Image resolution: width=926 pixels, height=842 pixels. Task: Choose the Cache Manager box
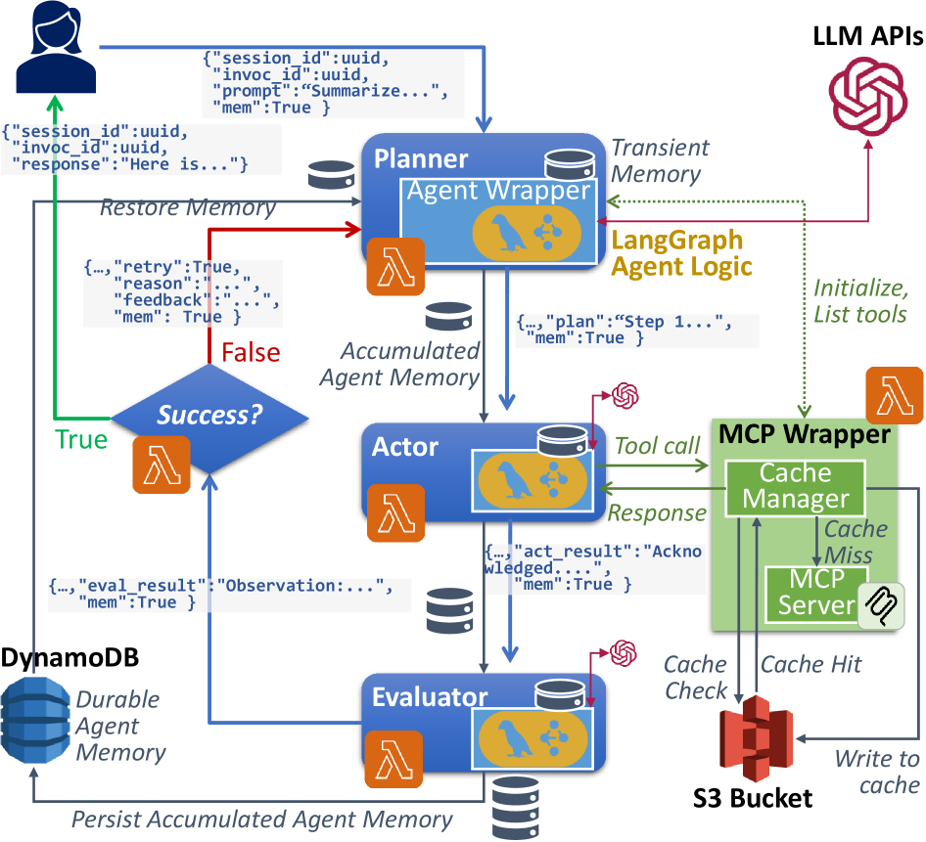click(x=795, y=487)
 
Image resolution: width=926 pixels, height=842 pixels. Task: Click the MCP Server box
click(x=809, y=592)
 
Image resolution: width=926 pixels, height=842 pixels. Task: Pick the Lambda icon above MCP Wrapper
click(x=895, y=395)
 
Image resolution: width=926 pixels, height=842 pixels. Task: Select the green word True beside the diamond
click(x=80, y=439)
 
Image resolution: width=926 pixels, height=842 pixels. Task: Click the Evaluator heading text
click(x=429, y=697)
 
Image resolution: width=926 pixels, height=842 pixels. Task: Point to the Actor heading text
click(x=405, y=448)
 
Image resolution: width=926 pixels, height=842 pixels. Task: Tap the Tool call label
click(x=657, y=446)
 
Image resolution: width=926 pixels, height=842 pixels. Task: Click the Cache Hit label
click(x=810, y=665)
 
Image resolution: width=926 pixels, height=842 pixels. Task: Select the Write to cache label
click(x=877, y=771)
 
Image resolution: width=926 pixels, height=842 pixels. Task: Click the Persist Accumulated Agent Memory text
click(x=262, y=820)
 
